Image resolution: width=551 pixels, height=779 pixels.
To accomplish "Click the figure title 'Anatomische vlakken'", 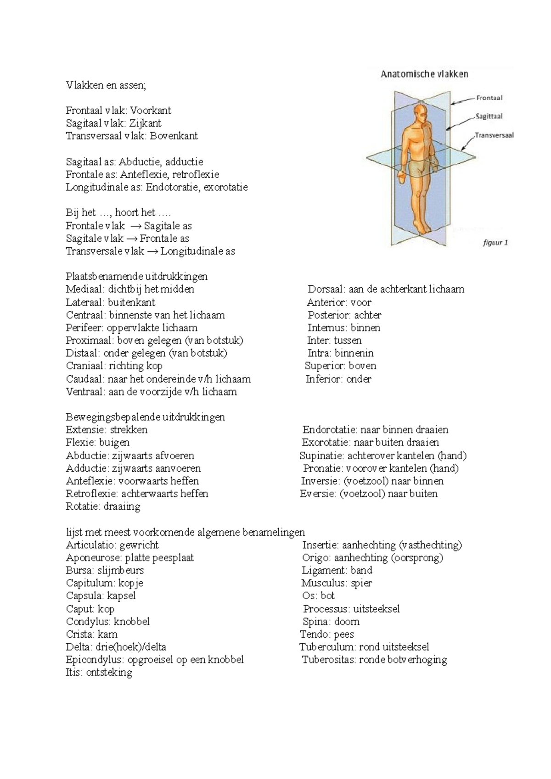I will click(424, 74).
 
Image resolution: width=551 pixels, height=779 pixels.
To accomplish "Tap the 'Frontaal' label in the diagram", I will click(489, 98).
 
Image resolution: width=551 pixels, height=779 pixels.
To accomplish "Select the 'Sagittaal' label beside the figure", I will click(489, 116).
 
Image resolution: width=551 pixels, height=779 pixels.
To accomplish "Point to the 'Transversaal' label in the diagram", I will click(494, 135).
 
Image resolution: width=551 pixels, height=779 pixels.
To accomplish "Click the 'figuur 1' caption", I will click(495, 243).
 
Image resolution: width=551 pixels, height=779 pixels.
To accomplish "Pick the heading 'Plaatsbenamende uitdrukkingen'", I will click(137, 276).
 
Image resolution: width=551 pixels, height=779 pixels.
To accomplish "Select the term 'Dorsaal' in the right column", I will click(325, 289).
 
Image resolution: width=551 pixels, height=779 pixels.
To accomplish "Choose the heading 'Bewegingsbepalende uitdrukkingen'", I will click(146, 417).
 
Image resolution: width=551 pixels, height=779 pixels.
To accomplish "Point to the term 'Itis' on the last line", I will click(74, 673).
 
